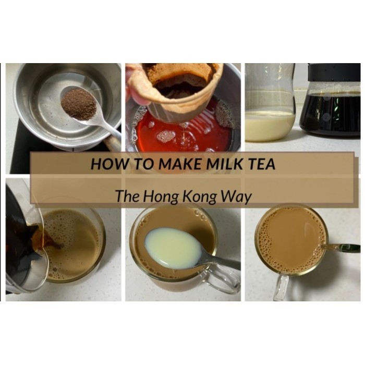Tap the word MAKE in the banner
click(x=180, y=164)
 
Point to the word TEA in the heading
click(x=262, y=164)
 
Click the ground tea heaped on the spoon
click(x=79, y=104)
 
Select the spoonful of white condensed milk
click(x=173, y=248)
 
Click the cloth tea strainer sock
click(x=177, y=89)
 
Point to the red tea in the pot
click(x=184, y=135)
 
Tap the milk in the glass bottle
click(x=270, y=126)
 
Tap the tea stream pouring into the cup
click(x=46, y=237)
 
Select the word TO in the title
click(x=144, y=164)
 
